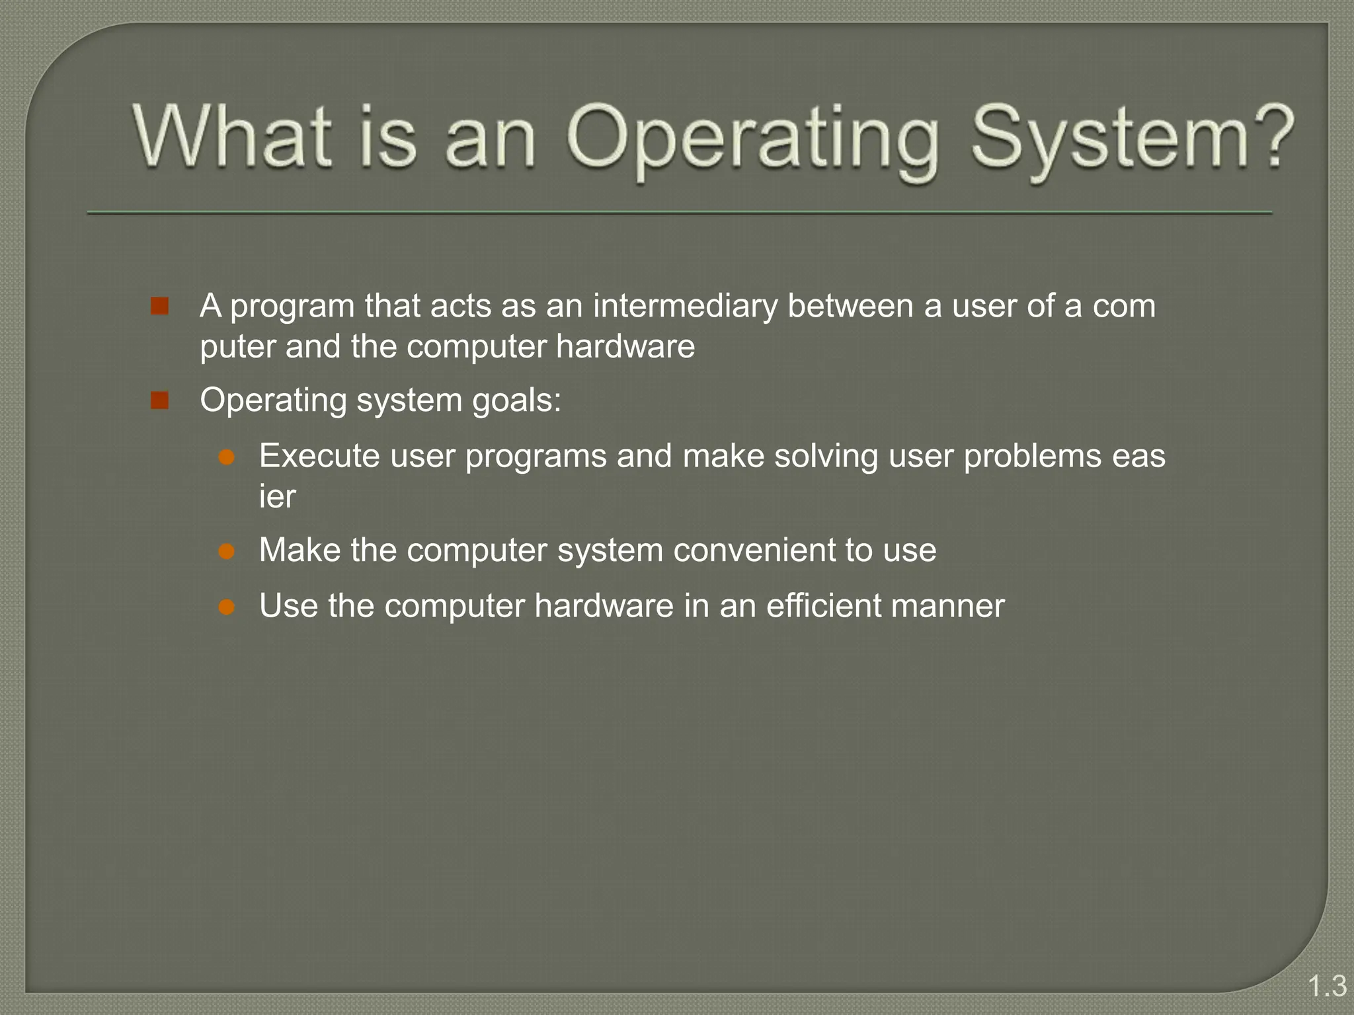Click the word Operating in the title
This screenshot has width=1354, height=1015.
click(x=752, y=140)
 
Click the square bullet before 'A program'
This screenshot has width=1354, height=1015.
click(x=159, y=306)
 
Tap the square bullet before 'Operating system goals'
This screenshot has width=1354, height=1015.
click(x=159, y=400)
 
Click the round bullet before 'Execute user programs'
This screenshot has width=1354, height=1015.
click(x=227, y=457)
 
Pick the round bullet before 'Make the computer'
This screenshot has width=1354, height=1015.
click(x=227, y=551)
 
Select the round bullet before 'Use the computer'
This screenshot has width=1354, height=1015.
click(x=227, y=607)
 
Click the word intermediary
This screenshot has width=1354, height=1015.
click(x=685, y=306)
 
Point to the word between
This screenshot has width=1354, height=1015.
click(x=850, y=306)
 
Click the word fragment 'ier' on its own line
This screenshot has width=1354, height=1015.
click(x=277, y=496)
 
